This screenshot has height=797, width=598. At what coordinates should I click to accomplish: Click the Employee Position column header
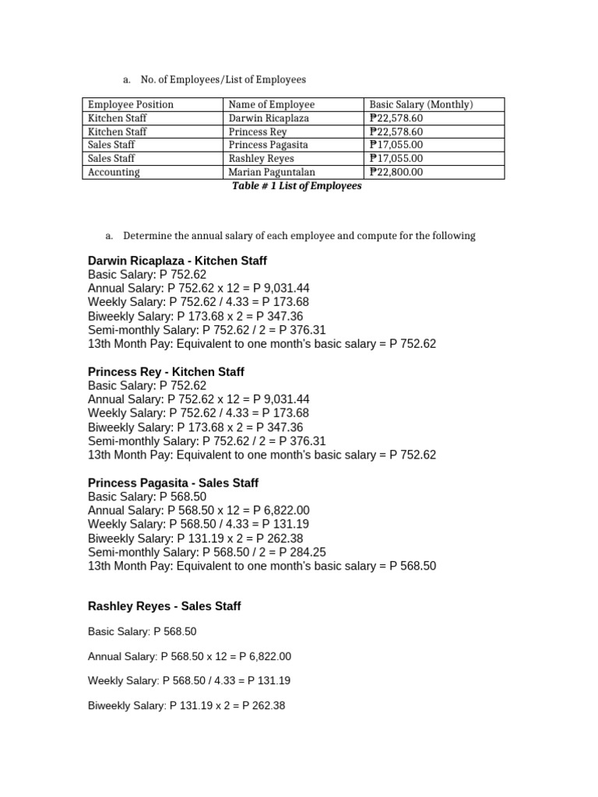point(131,104)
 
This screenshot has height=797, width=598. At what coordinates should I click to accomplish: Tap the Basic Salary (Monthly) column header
point(421,104)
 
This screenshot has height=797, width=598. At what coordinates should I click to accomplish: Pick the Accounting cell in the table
point(114,172)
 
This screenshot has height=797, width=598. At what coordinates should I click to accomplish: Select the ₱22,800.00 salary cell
point(396,172)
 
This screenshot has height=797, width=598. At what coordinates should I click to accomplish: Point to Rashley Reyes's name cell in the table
point(262,159)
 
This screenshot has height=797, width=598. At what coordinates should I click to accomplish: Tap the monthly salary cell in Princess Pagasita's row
point(396,146)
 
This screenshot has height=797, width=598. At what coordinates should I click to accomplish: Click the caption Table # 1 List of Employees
point(297,187)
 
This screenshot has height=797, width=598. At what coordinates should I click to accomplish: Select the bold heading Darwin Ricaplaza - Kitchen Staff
point(178,261)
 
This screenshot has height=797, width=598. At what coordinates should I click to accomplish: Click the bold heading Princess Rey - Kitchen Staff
point(166,372)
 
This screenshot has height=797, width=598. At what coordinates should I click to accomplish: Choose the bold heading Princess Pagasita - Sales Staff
point(173,483)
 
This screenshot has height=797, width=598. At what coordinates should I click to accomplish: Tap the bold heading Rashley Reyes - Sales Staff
point(164,606)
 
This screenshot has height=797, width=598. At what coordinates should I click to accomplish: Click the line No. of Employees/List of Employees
point(223,79)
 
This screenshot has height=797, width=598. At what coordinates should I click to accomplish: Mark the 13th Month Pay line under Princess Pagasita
point(262,566)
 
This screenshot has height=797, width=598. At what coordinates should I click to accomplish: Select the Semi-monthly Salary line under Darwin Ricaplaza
point(206,330)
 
